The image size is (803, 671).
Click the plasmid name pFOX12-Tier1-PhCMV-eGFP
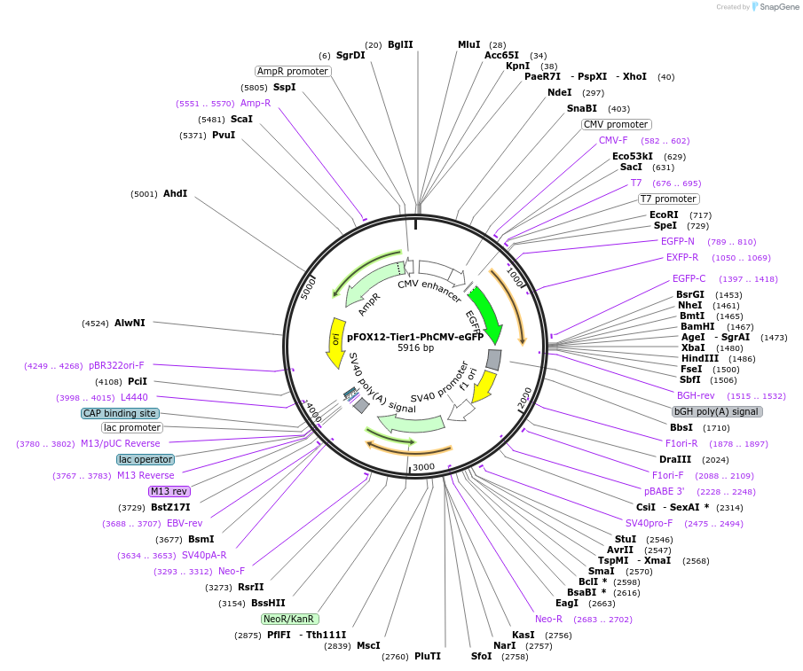pos(414,337)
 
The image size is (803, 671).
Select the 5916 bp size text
pos(415,348)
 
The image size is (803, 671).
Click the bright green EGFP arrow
pos(485,316)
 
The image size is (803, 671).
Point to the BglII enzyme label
pos(400,44)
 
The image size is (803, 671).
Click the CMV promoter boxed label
pos(616,124)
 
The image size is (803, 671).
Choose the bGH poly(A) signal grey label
pos(716,411)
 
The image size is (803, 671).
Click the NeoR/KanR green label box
pos(290,619)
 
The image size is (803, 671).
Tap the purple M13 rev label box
pos(169,491)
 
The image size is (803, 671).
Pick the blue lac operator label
pos(146,459)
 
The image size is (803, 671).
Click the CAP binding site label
pos(120,413)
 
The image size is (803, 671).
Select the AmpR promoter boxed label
pos(293,71)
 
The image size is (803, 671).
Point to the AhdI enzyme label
pos(175,193)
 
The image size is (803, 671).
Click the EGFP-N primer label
pos(678,241)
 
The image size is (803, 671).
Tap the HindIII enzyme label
pos(699,358)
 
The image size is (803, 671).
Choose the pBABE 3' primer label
pos(665,491)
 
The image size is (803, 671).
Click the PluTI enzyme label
pos(428,656)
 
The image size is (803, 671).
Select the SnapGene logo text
pos(775,7)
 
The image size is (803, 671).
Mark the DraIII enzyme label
pos(675,459)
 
